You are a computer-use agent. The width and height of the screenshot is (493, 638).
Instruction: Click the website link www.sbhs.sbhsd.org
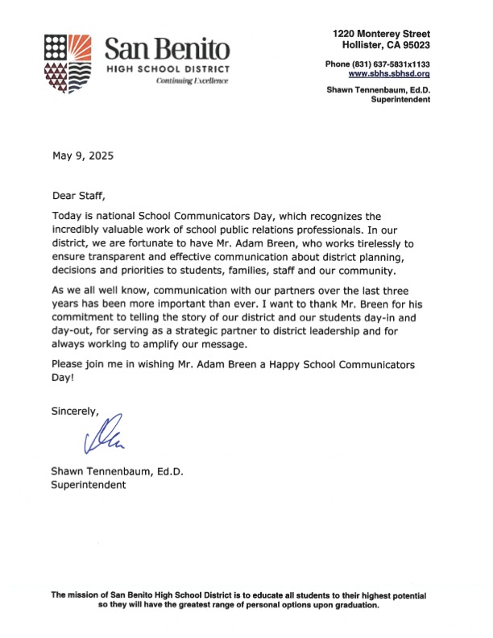pyautogui.click(x=388, y=72)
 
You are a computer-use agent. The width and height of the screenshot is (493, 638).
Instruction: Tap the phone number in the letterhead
pyautogui.click(x=377, y=63)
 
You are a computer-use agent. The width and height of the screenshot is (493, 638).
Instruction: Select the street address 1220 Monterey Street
pyautogui.click(x=381, y=33)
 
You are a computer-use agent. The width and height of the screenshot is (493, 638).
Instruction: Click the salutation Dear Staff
pyautogui.click(x=78, y=196)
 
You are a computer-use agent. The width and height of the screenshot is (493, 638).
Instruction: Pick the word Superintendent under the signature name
pyautogui.click(x=89, y=485)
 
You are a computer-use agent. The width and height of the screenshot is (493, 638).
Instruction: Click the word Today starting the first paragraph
pyautogui.click(x=67, y=217)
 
